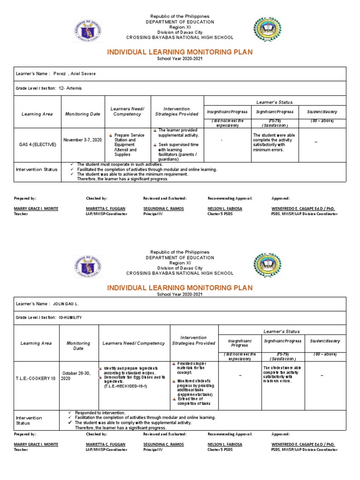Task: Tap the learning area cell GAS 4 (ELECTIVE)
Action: [x=36, y=144]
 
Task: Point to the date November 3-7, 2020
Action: [x=82, y=140]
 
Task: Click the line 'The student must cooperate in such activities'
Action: [x=120, y=165]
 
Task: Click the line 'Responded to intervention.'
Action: [x=100, y=412]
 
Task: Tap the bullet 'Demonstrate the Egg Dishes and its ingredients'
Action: [x=134, y=379]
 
